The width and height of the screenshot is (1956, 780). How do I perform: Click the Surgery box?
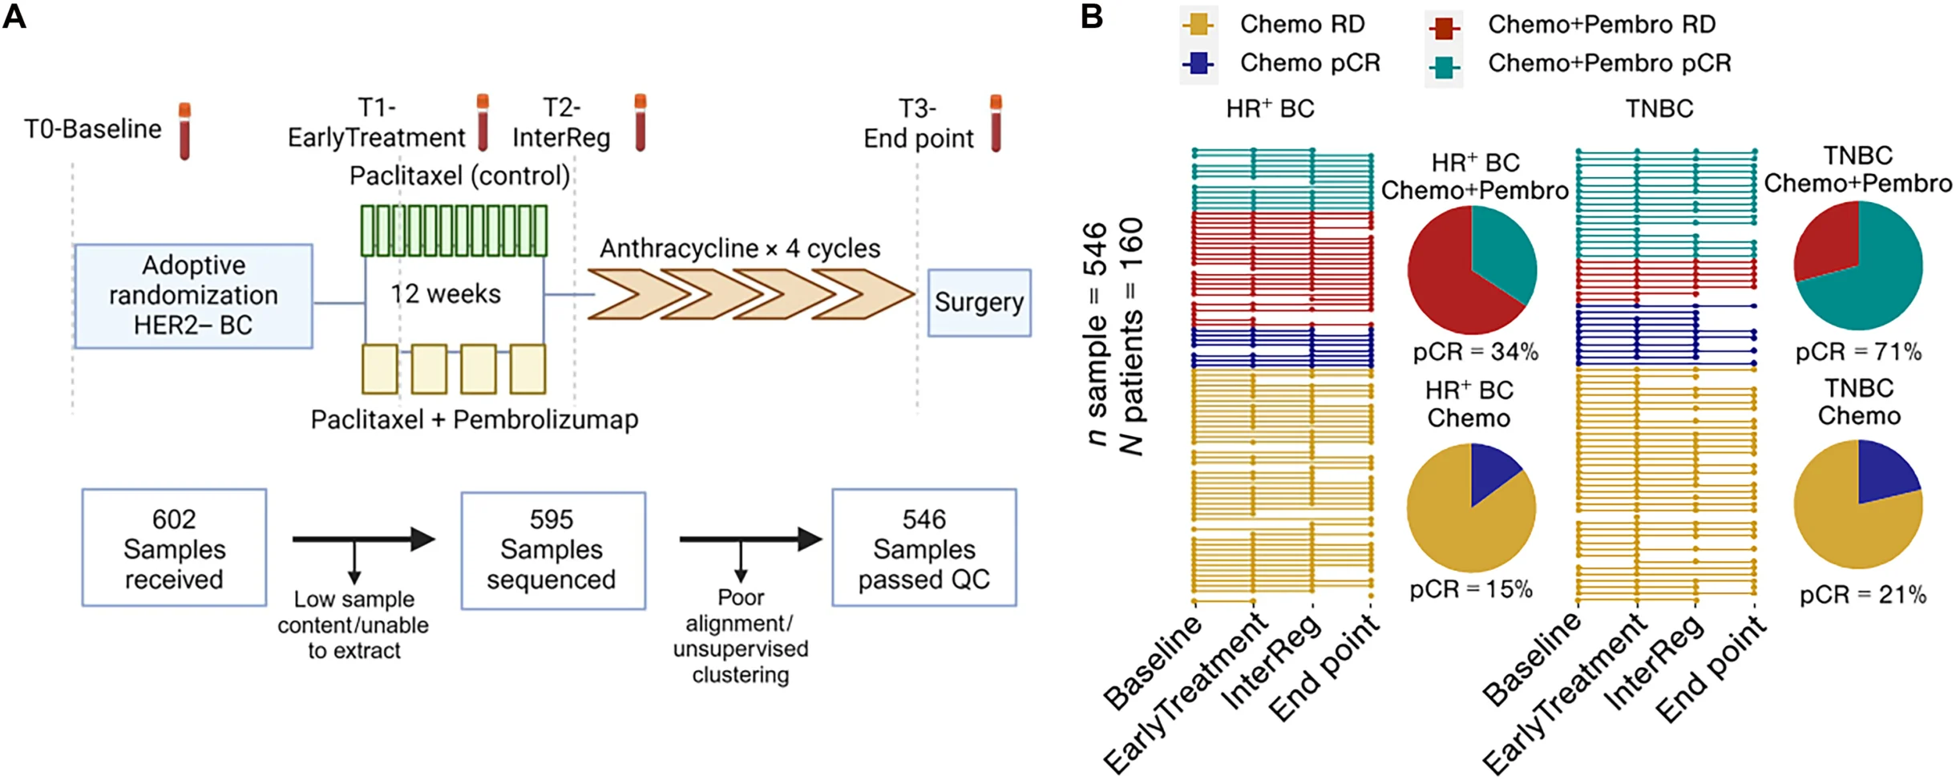coord(978,303)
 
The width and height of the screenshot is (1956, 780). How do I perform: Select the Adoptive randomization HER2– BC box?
coord(193,296)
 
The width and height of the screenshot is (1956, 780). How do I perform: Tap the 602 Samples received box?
coord(174,548)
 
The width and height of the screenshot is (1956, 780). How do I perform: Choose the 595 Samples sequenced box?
coord(552,550)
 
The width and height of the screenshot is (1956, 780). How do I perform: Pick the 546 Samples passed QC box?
coord(923,548)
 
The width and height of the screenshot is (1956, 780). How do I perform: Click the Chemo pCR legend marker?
coord(1198,63)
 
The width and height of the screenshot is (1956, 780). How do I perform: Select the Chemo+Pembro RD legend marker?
coord(1444,27)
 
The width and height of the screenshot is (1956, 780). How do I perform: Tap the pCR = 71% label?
coord(1858,352)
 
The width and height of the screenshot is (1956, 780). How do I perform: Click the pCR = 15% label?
coord(1471,590)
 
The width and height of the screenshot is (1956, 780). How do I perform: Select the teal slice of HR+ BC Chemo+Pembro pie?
coord(1501,253)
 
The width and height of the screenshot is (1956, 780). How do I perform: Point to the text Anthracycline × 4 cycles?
coord(739,249)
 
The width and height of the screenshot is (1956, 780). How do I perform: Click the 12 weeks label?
coord(446,294)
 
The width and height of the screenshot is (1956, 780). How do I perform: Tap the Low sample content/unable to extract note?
coord(354,624)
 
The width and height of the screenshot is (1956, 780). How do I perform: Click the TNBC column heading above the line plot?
coord(1659,109)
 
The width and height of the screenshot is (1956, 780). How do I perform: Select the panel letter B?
coord(1092,16)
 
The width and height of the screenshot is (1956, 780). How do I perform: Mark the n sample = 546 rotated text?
coord(1096,333)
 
